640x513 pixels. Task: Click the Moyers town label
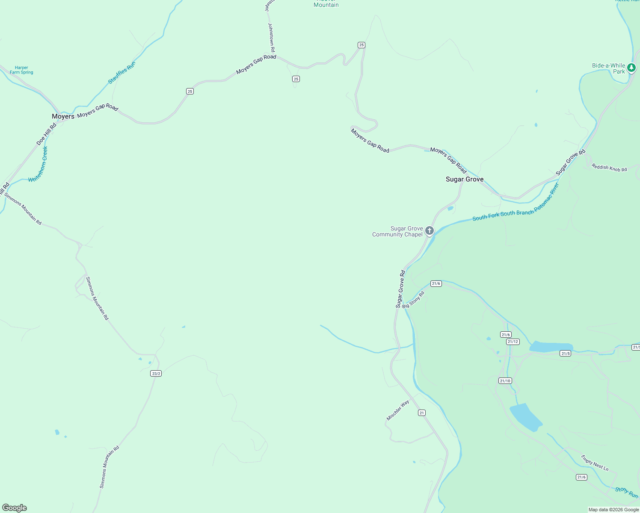tap(63, 116)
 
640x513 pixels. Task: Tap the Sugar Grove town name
tap(465, 179)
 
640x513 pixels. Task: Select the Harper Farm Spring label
tap(21, 70)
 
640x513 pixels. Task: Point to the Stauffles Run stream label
tap(121, 73)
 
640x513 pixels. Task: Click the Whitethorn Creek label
tap(39, 165)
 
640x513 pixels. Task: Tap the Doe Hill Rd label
tap(46, 134)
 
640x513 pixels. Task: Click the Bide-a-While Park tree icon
tap(631, 68)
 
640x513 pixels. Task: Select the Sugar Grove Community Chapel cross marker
tap(429, 231)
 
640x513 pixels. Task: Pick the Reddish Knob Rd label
tap(609, 168)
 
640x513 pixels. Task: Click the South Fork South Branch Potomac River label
tap(516, 201)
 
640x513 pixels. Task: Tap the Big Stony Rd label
tap(413, 300)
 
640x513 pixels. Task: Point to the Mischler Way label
tap(398, 410)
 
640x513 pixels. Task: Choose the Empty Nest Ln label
tap(595, 463)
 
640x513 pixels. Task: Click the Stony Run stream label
tap(626, 492)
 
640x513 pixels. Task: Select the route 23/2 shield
tap(156, 374)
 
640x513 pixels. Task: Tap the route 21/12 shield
tap(513, 342)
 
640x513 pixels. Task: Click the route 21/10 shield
tap(505, 381)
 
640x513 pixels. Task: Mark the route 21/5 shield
tap(566, 354)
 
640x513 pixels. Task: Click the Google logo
tap(15, 508)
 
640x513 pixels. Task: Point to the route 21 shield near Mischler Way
tap(422, 413)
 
